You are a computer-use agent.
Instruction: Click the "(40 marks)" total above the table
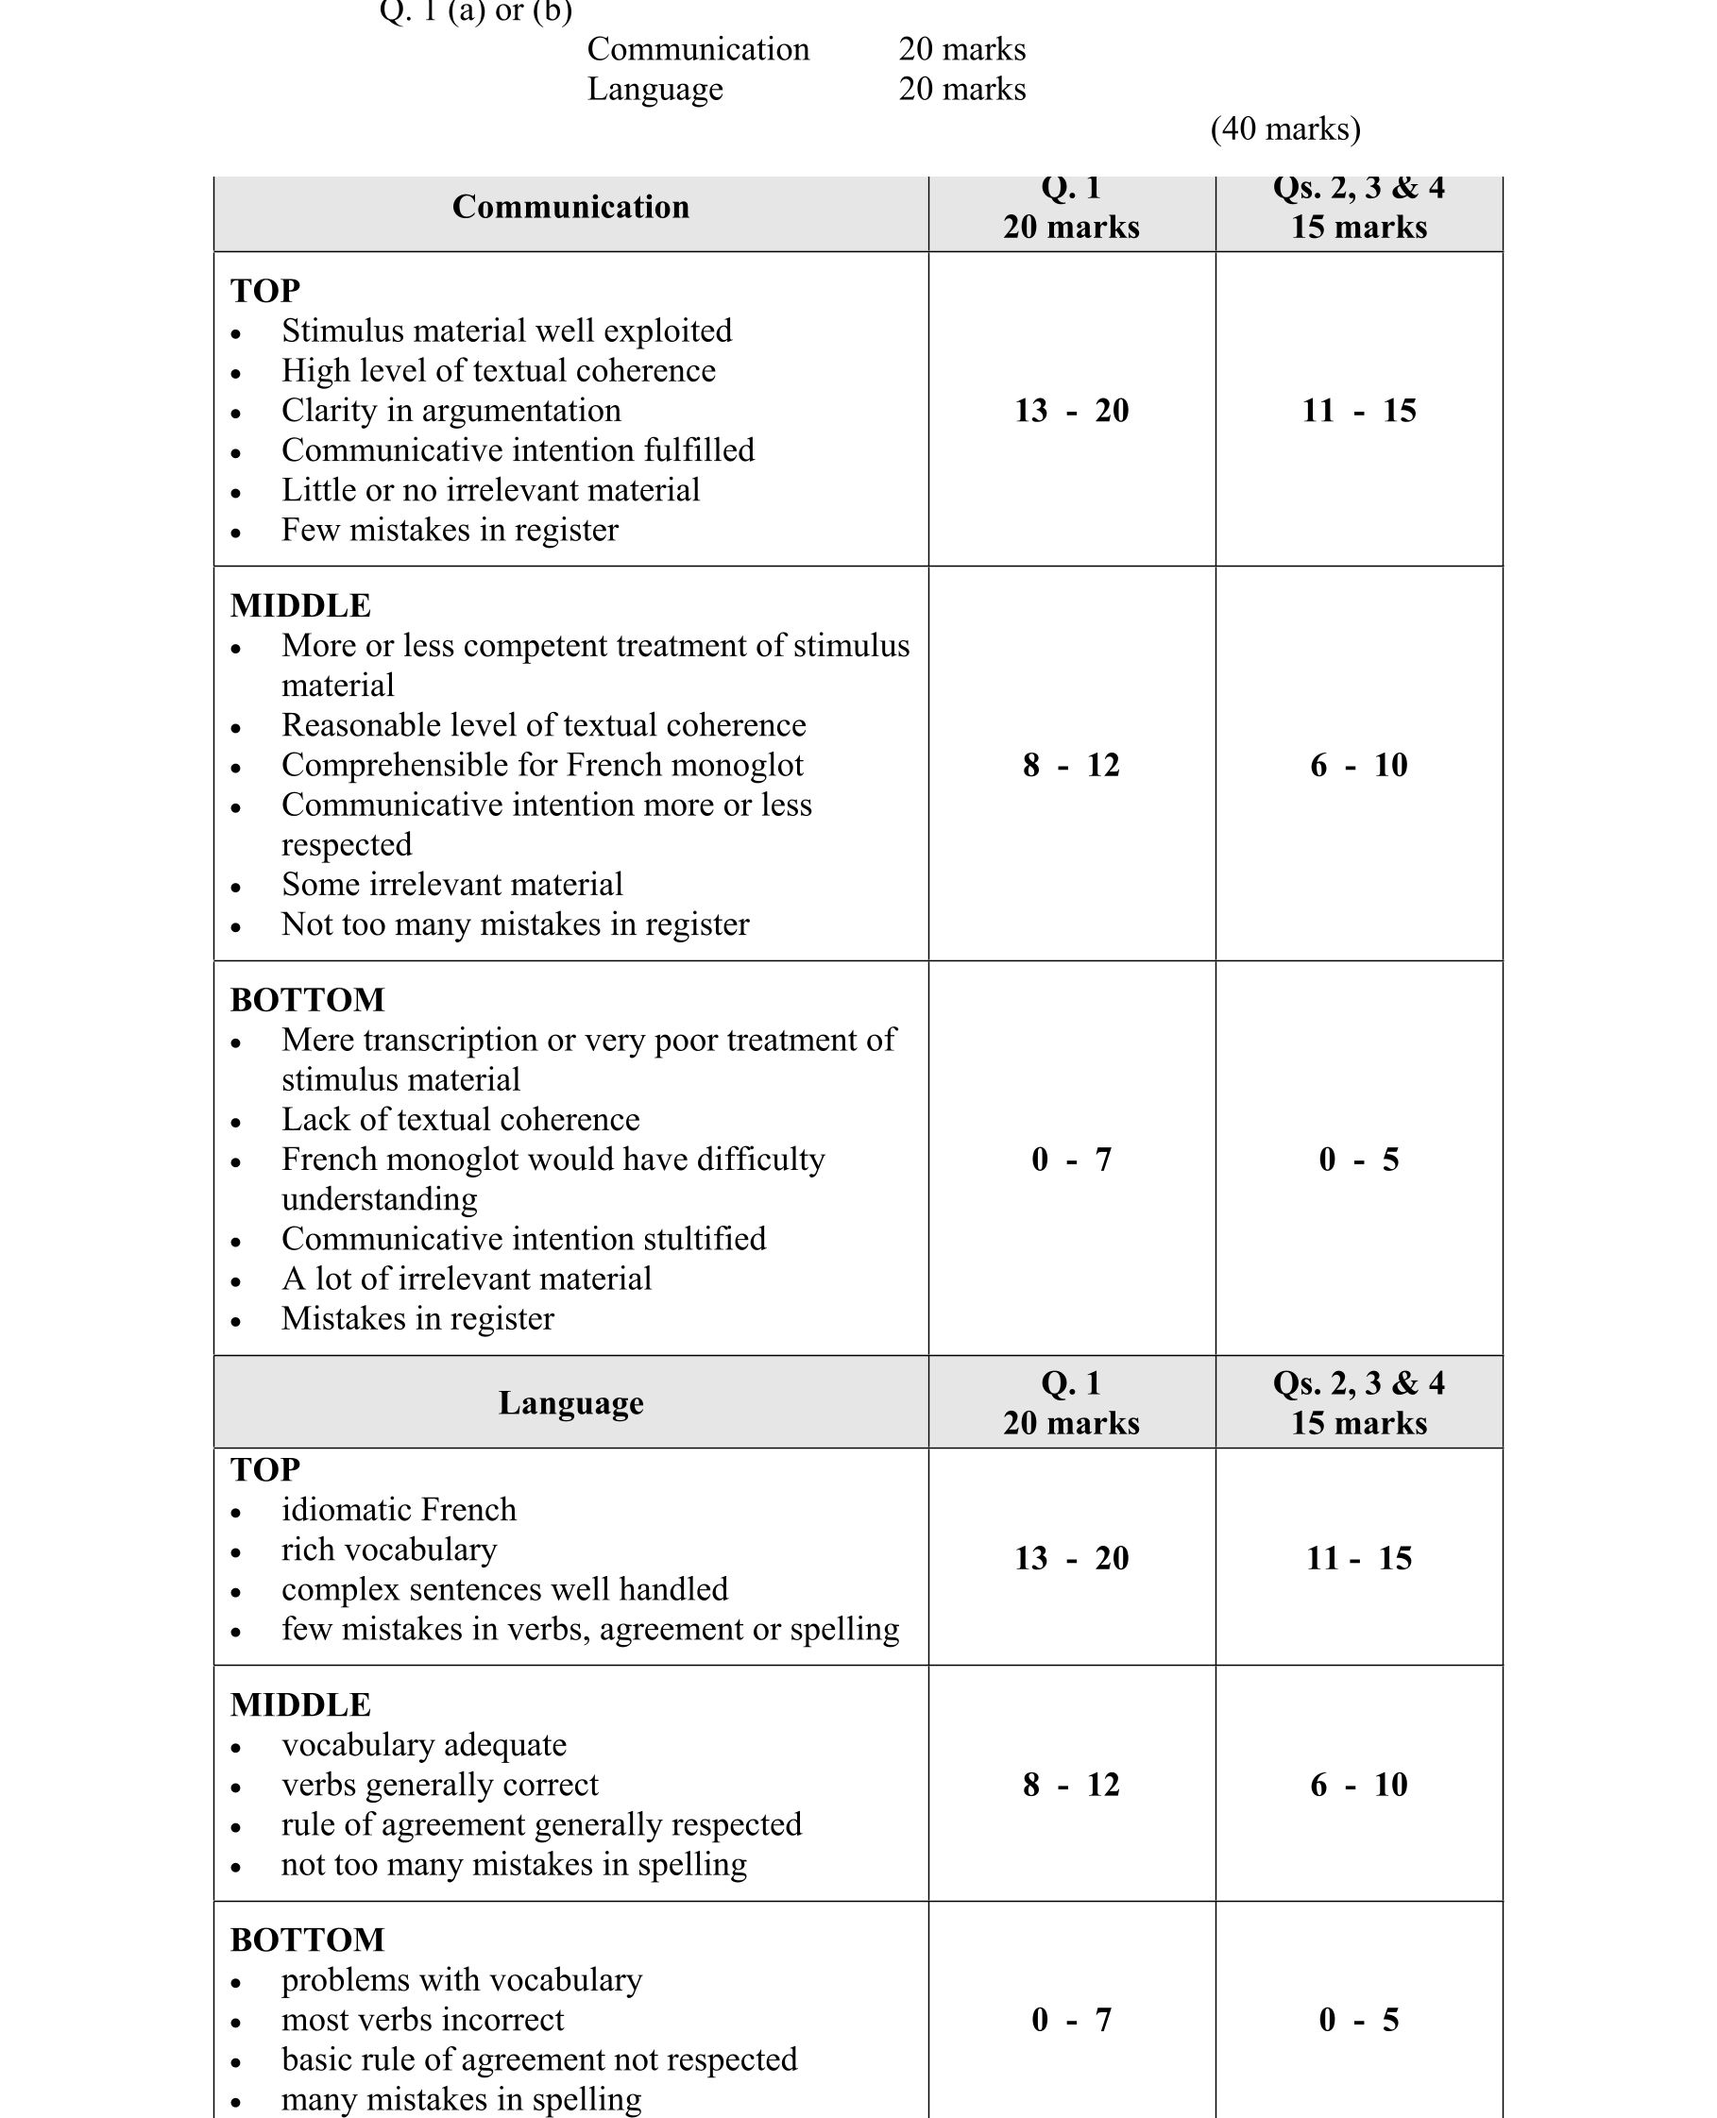(x=1284, y=128)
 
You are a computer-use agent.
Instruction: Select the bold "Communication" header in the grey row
(x=570, y=207)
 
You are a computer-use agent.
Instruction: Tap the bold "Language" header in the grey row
(x=570, y=1402)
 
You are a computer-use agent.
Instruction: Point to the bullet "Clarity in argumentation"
(x=451, y=411)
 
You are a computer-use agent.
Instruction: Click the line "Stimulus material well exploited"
(x=506, y=330)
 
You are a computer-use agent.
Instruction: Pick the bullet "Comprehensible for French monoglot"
(x=542, y=764)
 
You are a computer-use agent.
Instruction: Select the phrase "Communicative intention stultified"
(x=523, y=1238)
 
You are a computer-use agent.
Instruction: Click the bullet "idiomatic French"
(x=399, y=1509)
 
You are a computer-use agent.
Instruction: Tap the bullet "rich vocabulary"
(x=389, y=1549)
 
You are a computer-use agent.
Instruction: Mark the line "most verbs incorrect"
(x=422, y=2019)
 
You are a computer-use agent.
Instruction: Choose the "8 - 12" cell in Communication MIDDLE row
(x=1071, y=764)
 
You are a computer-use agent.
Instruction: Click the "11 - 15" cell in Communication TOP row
(x=1359, y=411)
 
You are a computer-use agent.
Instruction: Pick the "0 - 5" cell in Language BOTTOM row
(x=1359, y=2019)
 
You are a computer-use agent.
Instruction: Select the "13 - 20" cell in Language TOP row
(x=1071, y=1557)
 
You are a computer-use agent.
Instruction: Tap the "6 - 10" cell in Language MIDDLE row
(x=1359, y=1784)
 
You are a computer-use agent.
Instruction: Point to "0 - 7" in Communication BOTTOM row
(x=1071, y=1159)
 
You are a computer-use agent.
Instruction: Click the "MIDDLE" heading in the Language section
(x=300, y=1704)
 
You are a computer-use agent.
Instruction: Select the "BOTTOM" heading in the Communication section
(x=308, y=1000)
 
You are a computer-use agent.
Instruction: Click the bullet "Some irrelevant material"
(x=452, y=884)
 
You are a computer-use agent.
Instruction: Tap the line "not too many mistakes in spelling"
(x=514, y=1864)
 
